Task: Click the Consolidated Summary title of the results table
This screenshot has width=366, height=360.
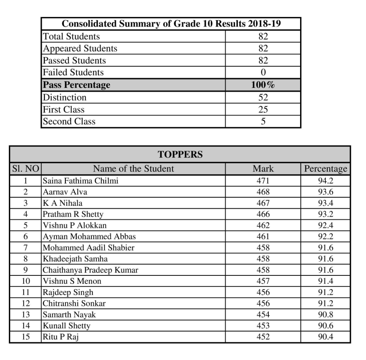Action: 171,24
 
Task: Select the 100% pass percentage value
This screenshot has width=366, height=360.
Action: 263,85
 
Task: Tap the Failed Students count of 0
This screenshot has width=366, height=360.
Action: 263,73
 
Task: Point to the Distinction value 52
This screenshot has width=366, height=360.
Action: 263,98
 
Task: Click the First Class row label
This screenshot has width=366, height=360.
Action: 64,109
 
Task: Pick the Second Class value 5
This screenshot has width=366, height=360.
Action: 263,122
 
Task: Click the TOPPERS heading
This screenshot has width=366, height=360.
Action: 180,155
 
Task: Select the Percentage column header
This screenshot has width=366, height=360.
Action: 326,169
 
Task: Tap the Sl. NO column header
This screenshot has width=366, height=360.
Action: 25,169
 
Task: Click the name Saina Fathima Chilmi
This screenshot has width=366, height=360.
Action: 81,181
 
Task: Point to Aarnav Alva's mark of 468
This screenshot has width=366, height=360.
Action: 263,192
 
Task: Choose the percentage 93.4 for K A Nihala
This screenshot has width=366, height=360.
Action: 326,203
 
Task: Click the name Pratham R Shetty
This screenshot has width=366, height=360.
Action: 73,214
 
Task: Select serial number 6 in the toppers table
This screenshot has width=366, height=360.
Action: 25,236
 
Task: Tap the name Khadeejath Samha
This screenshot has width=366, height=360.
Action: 75,259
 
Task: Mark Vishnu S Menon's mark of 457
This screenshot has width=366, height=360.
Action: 263,281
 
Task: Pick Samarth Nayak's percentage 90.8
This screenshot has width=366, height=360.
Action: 326,314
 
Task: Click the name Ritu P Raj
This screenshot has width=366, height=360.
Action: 61,337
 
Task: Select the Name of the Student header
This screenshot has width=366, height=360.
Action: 133,169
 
